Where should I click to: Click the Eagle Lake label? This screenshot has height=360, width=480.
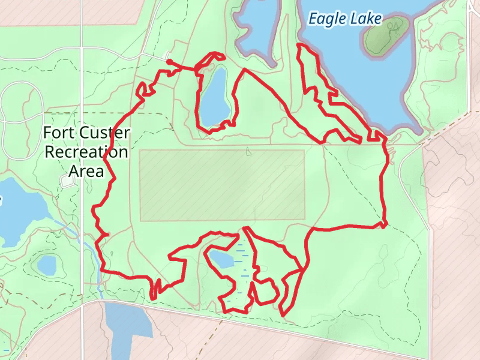(344, 19)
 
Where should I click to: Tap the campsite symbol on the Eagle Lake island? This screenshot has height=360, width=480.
(394, 27)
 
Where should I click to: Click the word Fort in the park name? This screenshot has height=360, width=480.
(58, 133)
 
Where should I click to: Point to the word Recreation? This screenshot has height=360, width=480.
(87, 152)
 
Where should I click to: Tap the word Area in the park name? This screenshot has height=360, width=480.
(86, 171)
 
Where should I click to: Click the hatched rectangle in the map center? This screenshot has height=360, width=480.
(222, 185)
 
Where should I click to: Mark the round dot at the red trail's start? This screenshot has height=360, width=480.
(169, 62)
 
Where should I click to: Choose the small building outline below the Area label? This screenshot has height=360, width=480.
(69, 181)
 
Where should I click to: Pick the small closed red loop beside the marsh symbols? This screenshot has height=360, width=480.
(265, 292)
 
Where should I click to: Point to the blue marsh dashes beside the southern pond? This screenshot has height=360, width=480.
(243, 264)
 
